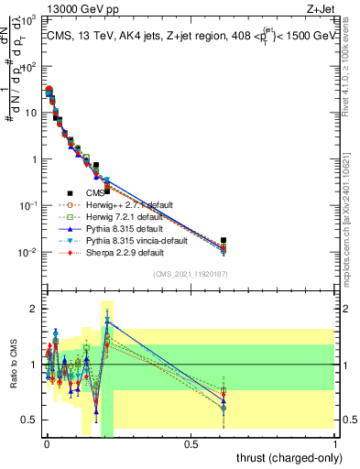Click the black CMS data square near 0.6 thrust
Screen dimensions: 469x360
(x=224, y=240)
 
